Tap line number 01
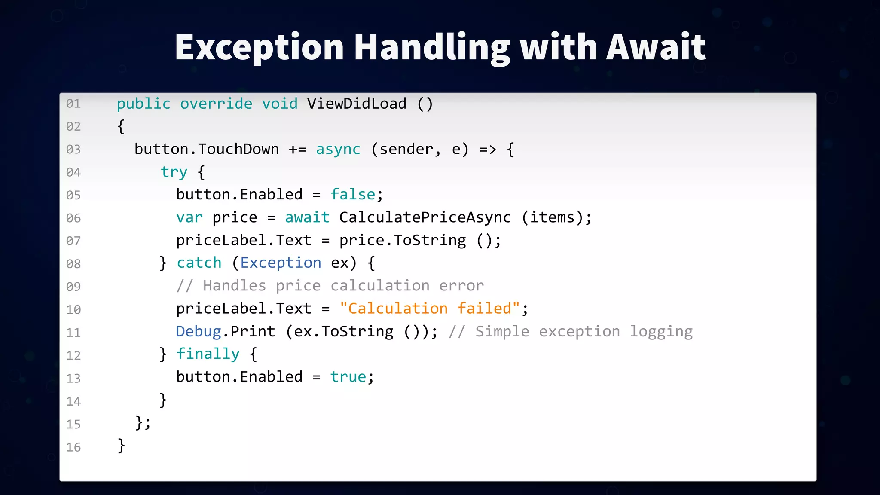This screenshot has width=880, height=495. pos(73,104)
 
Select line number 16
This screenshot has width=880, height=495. pos(73,447)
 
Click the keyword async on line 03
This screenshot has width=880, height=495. pos(338,149)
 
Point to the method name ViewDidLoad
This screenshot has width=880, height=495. pos(357,104)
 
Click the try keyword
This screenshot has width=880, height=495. pos(174,172)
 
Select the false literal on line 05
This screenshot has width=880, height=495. pos(352,195)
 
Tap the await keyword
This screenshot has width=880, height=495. pos(307,217)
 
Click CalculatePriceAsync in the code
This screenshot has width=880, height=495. pos(425,217)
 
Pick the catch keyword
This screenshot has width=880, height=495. pos(199,263)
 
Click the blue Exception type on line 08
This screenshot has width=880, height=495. pos(281,263)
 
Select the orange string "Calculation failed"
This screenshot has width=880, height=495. pos(430,309)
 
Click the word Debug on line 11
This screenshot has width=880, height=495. pos(199,331)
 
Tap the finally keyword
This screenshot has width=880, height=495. pos(208,354)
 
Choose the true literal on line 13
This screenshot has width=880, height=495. pos(348,377)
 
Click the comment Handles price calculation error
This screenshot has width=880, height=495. pos(330,286)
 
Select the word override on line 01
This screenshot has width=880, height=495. pos(216,104)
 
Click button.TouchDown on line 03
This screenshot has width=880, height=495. pos(207,149)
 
